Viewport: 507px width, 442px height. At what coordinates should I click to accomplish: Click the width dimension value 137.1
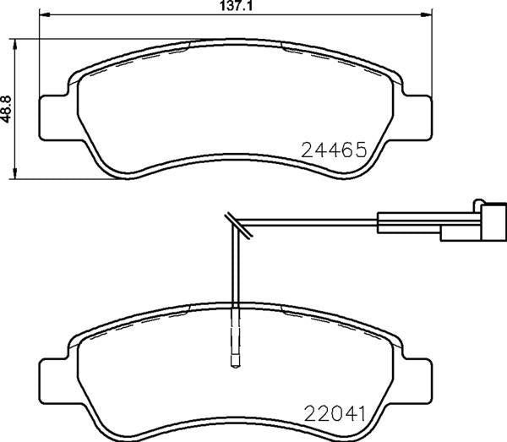pos(236,6)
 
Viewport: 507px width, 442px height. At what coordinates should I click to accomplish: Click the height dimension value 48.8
pos(6,109)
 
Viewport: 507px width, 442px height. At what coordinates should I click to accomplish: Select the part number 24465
pos(334,150)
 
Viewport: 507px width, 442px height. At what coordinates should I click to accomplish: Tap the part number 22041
pos(335,413)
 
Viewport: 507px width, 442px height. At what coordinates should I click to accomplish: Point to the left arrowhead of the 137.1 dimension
pos(44,14)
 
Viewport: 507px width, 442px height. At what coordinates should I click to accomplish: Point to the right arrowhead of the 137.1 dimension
pos(427,14)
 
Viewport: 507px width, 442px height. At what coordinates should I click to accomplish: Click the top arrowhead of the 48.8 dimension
pos(14,45)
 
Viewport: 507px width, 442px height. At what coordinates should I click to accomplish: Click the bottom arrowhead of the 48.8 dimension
pos(14,173)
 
